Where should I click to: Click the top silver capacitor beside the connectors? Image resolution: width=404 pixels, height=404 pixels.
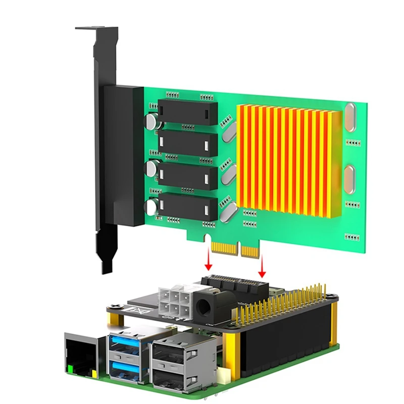(151, 120)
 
